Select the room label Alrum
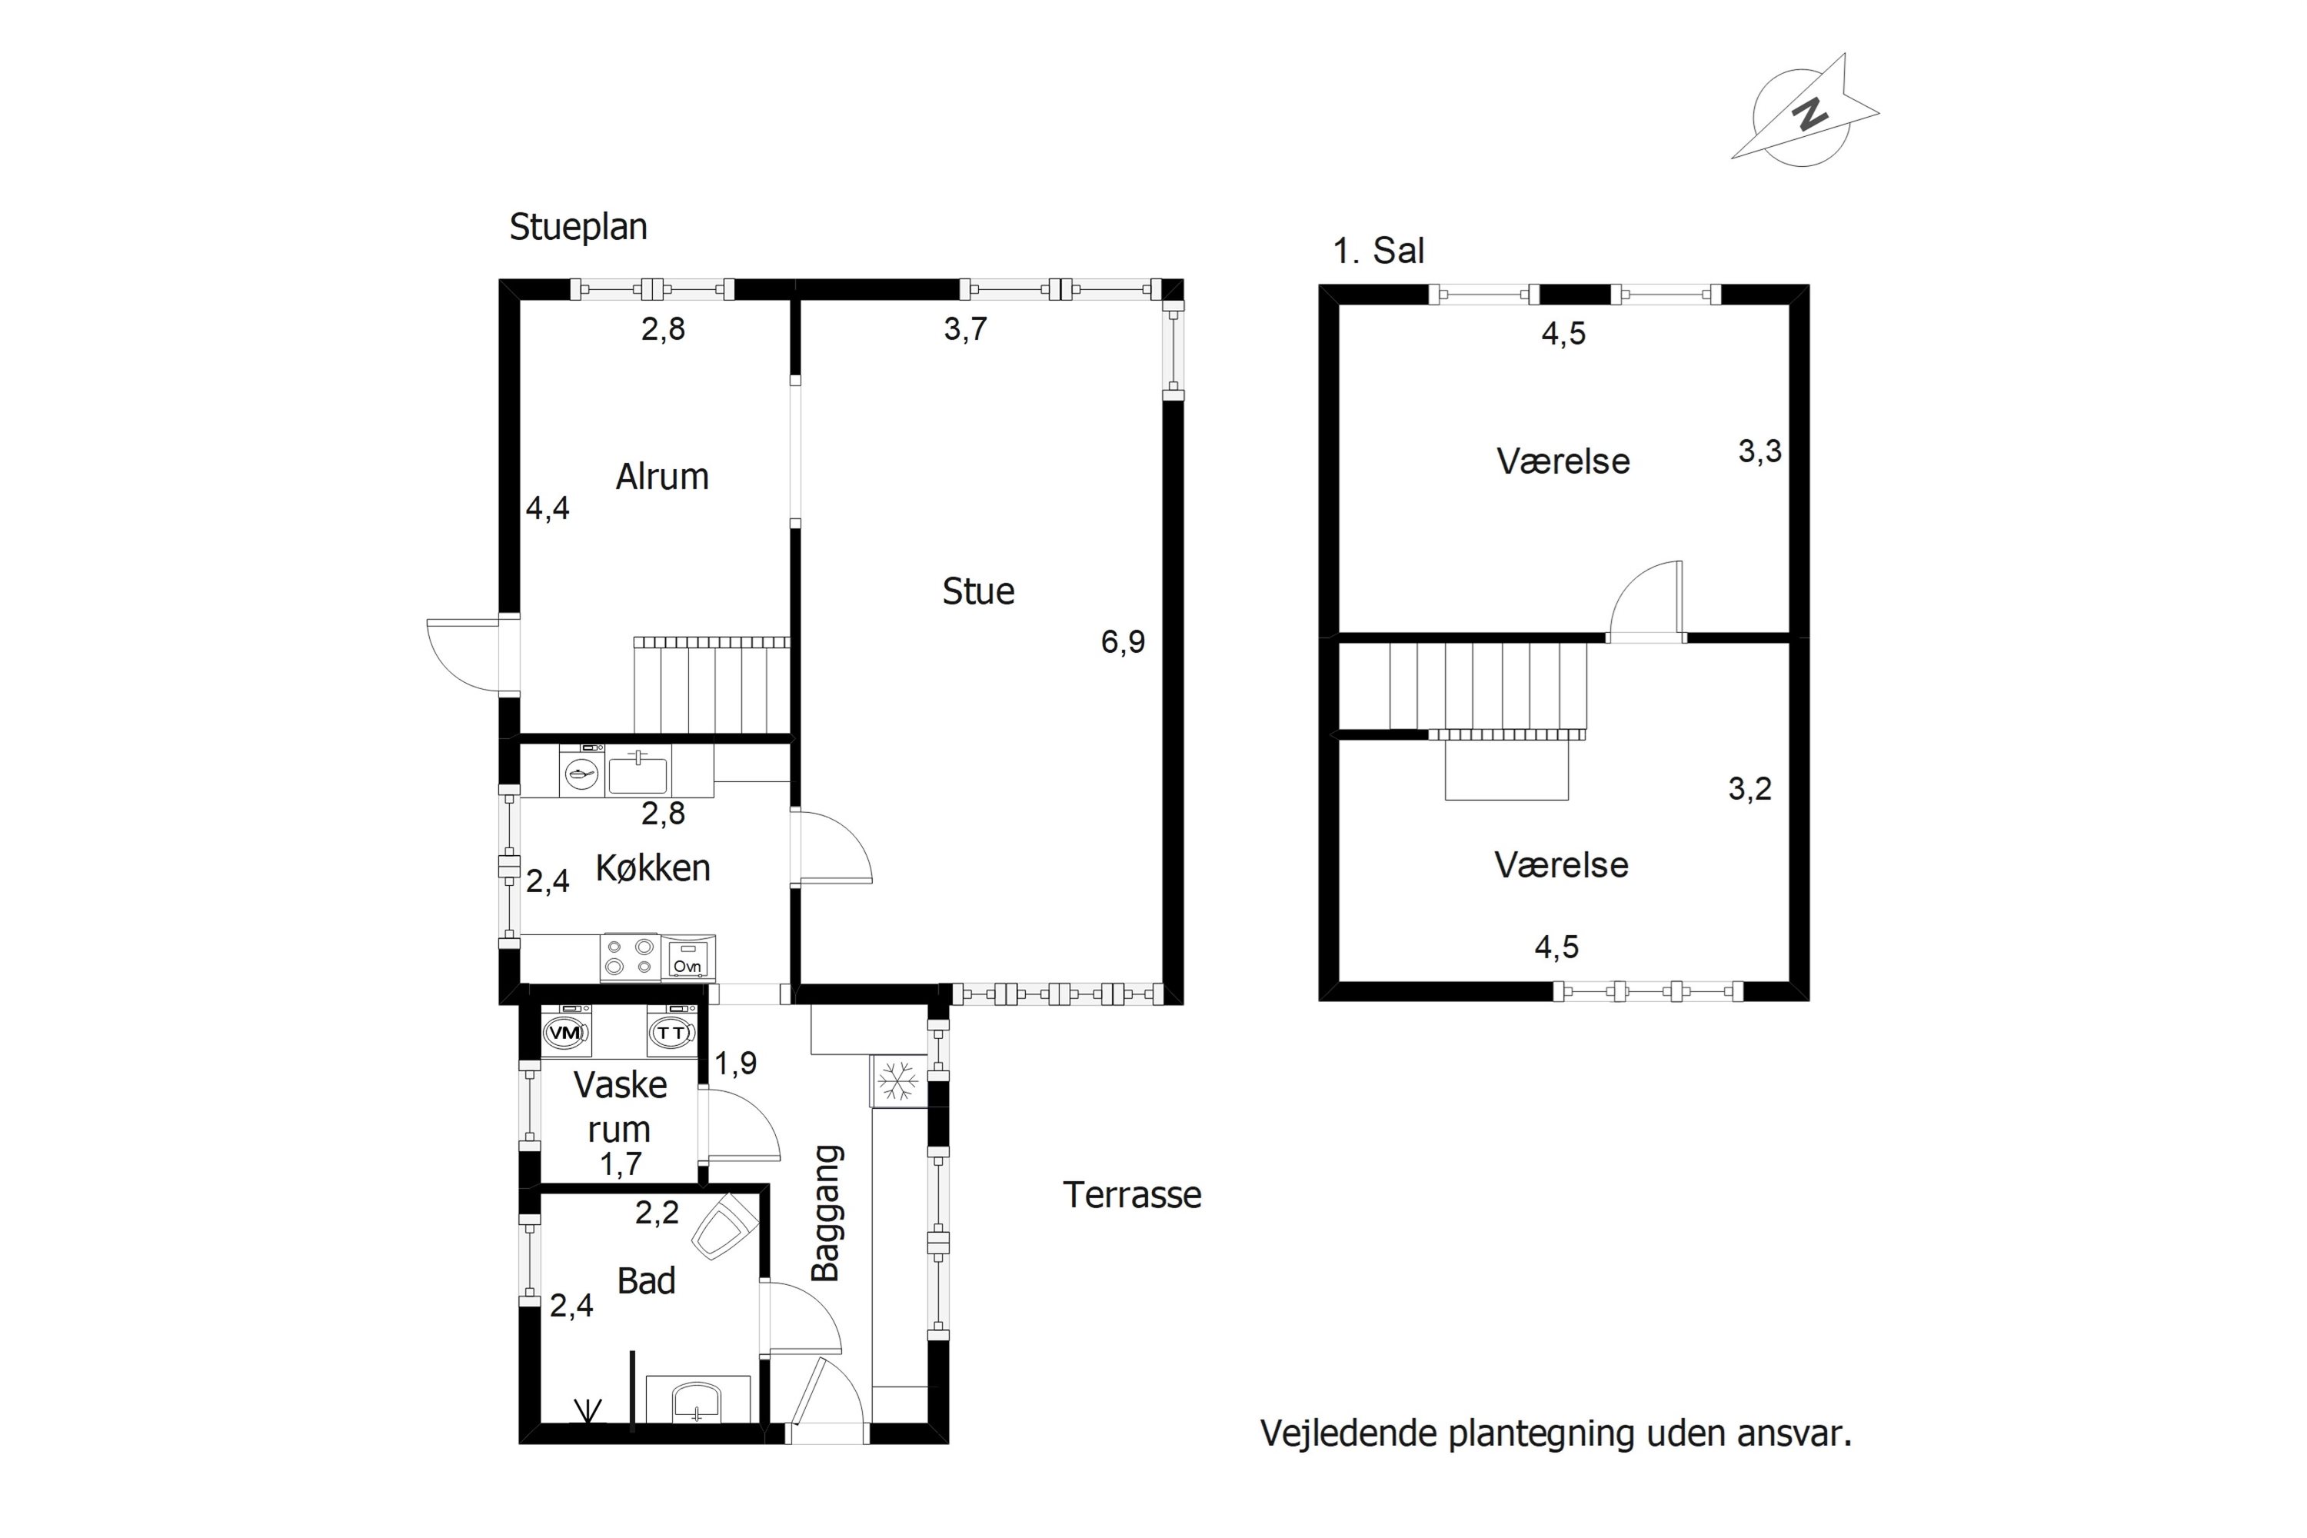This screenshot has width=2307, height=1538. click(662, 477)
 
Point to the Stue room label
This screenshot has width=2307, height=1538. click(978, 591)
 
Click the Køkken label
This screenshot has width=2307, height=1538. click(652, 868)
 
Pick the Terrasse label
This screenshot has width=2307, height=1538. click(1132, 1195)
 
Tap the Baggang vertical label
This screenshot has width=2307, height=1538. click(827, 1213)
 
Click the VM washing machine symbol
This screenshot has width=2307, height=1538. click(566, 1033)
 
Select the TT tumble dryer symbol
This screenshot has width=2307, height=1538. click(672, 1033)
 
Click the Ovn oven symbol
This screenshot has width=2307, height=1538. click(688, 958)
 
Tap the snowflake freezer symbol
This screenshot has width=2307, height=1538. click(897, 1082)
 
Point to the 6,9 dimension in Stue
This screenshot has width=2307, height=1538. click(1123, 641)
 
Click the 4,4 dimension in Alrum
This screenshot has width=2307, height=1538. click(548, 508)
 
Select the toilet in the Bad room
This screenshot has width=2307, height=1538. click(726, 1227)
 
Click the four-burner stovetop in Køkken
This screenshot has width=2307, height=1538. click(630, 957)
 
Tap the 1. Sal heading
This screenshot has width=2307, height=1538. click(1377, 251)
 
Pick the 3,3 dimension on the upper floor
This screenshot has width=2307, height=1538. click(1759, 452)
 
